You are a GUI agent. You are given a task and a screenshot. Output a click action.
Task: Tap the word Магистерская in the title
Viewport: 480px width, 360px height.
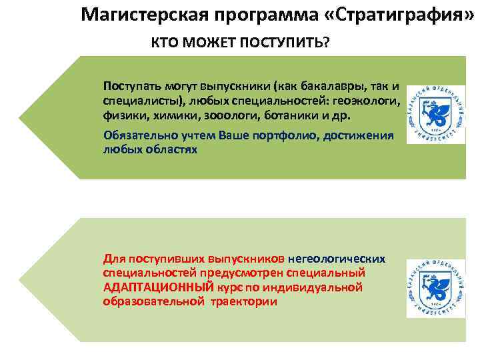tap(134, 14)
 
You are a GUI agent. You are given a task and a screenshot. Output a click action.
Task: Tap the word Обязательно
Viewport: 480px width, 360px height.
tap(136, 135)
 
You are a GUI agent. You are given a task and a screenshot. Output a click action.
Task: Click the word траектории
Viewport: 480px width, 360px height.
tap(243, 301)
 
